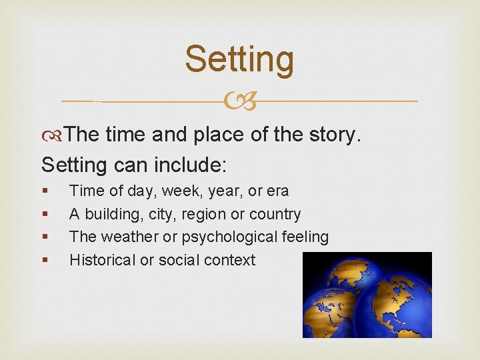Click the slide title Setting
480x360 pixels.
click(x=239, y=59)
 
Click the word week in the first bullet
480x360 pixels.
click(x=177, y=191)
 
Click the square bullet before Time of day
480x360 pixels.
click(x=44, y=191)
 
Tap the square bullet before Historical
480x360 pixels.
click(x=44, y=261)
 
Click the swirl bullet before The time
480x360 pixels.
click(x=53, y=135)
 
